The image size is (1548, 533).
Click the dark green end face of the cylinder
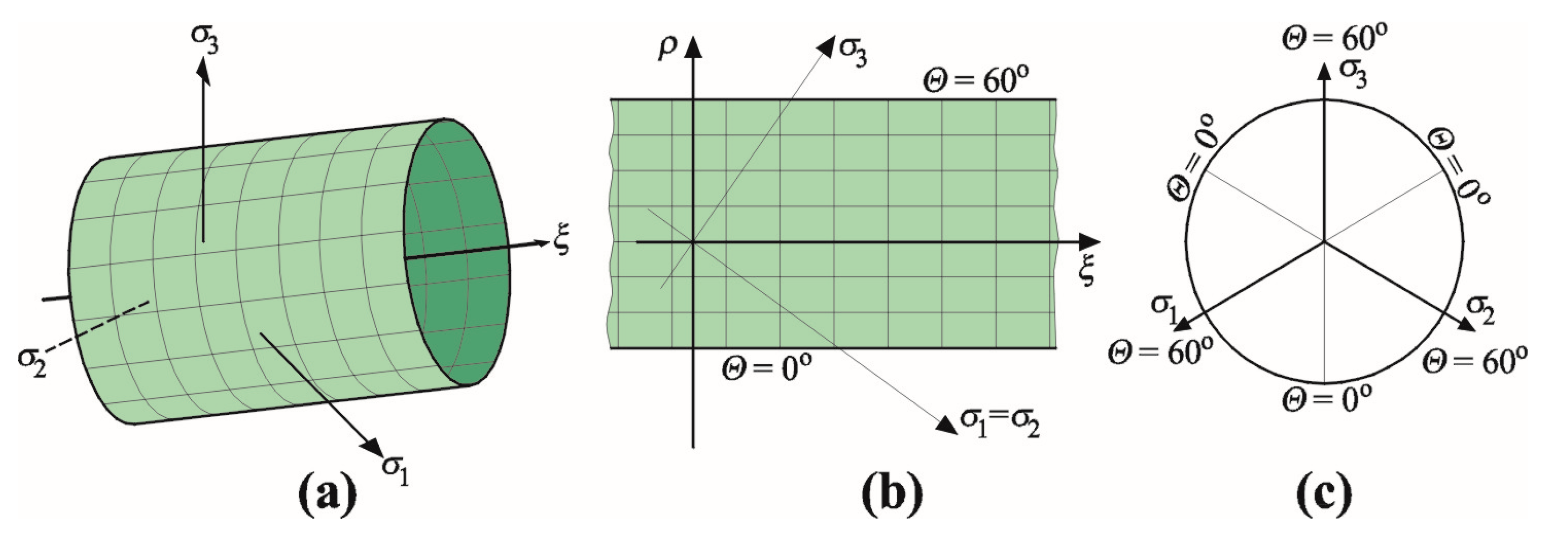(457, 252)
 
